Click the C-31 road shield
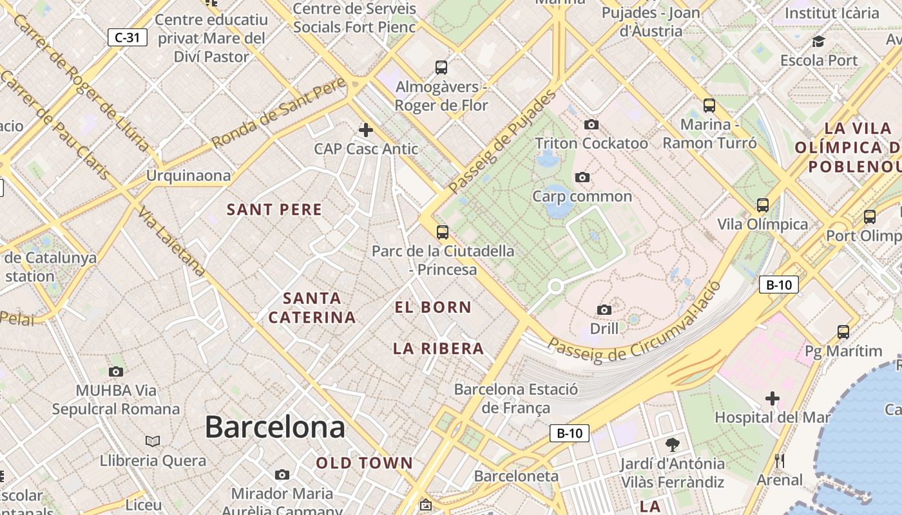pyautogui.click(x=127, y=37)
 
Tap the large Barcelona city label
pyautogui.click(x=274, y=427)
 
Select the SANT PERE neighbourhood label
pyautogui.click(x=274, y=209)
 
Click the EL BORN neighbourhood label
pyautogui.click(x=433, y=307)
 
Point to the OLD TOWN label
pyautogui.click(x=364, y=463)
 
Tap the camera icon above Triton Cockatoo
pyautogui.click(x=591, y=124)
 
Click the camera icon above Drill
pyautogui.click(x=604, y=310)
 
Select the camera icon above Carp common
pyautogui.click(x=582, y=177)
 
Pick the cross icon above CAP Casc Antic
pyautogui.click(x=365, y=130)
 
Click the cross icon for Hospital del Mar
pyautogui.click(x=772, y=398)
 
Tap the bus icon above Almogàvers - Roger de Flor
pyautogui.click(x=441, y=67)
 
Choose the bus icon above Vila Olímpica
pyautogui.click(x=763, y=205)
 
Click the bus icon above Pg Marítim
pyautogui.click(x=843, y=332)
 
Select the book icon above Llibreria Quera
pyautogui.click(x=153, y=441)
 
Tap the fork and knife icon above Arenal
pyautogui.click(x=780, y=460)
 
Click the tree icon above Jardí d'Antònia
pyautogui.click(x=672, y=444)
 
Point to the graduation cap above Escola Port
pyautogui.click(x=818, y=42)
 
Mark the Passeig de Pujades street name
pyautogui.click(x=503, y=142)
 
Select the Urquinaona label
pyautogui.click(x=188, y=175)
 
